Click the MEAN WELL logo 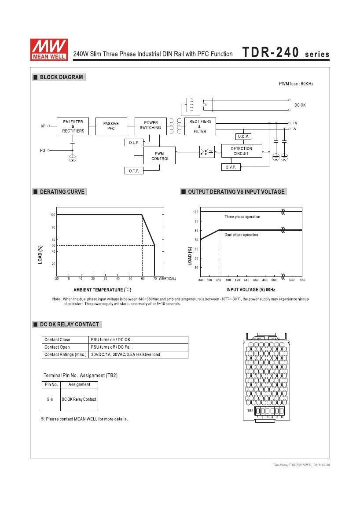48,48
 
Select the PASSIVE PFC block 111,126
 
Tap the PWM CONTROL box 160,156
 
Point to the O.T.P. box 134,171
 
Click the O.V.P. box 231,167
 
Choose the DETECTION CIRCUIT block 241,151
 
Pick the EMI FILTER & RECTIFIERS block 73,126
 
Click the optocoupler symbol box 206,151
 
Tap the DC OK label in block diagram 301,105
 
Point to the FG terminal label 43,151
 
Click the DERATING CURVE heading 62,192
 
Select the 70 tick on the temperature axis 154,279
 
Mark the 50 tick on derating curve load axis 53,245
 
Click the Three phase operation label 242,217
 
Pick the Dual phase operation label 241,235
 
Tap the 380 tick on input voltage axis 218,280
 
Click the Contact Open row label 57,347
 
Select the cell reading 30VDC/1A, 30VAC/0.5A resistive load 126,354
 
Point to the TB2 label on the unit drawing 250,411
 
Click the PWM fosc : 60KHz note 296,84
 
